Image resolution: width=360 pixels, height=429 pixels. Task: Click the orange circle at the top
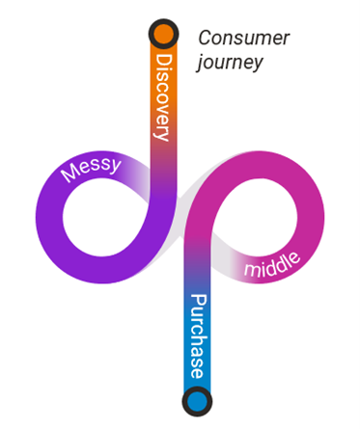pyautogui.click(x=163, y=35)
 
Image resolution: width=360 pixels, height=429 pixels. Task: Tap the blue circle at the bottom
pyautogui.click(x=197, y=399)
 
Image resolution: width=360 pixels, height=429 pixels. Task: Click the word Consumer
pyautogui.click(x=244, y=39)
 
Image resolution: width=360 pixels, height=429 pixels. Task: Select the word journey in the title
pyautogui.click(x=231, y=64)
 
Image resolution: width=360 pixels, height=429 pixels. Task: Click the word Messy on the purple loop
pyautogui.click(x=91, y=170)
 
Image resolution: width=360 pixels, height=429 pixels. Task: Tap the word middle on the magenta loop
pyautogui.click(x=272, y=263)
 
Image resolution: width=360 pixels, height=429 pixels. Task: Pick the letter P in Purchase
pyautogui.click(x=197, y=301)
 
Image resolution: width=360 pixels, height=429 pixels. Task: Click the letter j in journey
pyautogui.click(x=201, y=65)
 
